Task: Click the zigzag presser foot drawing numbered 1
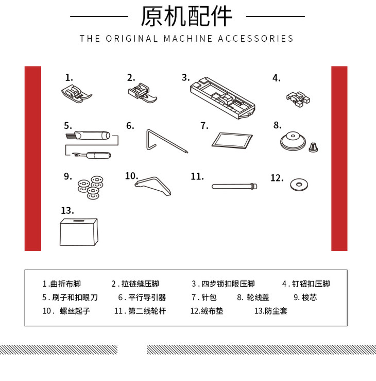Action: [x=76, y=94]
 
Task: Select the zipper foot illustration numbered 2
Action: [x=142, y=93]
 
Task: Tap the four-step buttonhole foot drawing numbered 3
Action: [x=223, y=98]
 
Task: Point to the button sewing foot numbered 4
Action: [x=298, y=98]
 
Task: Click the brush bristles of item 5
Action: [x=70, y=136]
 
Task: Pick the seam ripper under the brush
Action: [x=91, y=155]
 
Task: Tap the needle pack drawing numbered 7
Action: [x=232, y=140]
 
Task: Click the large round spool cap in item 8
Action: [x=293, y=141]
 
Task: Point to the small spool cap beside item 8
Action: [x=313, y=147]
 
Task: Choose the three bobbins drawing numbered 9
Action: [x=91, y=187]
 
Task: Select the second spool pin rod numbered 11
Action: [x=234, y=186]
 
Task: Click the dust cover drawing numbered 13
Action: [x=79, y=232]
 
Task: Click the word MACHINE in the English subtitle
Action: [x=188, y=39]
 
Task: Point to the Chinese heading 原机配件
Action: [x=186, y=16]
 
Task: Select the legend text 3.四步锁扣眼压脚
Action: [x=223, y=284]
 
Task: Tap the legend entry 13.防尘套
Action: [x=271, y=311]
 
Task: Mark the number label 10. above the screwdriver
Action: [x=131, y=176]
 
